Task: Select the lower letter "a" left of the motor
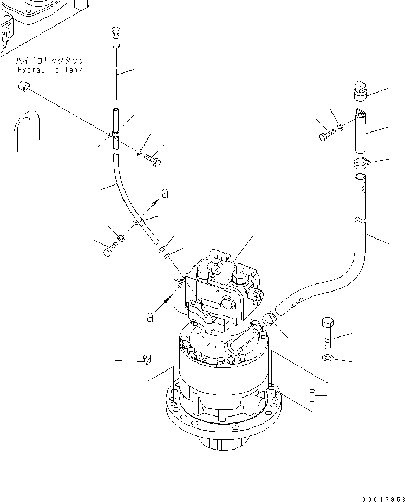(149, 318)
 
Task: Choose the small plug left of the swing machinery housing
(148, 359)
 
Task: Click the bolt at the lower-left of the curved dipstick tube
(109, 250)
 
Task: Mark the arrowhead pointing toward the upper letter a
(155, 202)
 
